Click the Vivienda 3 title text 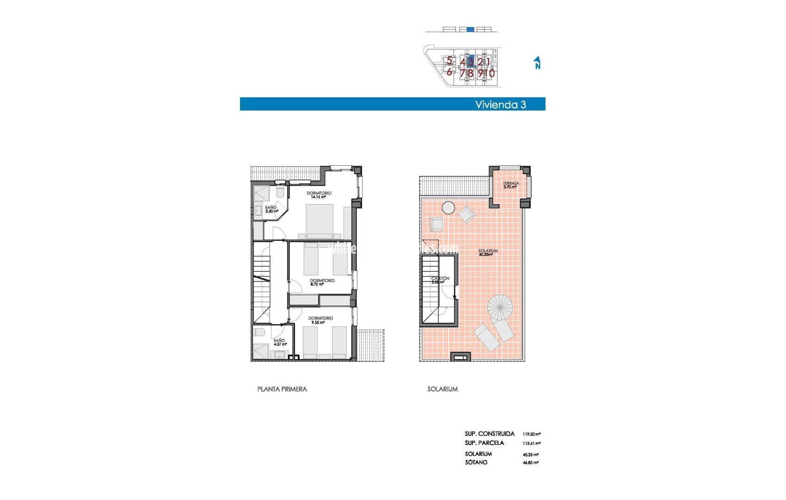(x=500, y=105)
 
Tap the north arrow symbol (x=537, y=63)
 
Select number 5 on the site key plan (x=449, y=61)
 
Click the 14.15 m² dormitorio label (x=319, y=195)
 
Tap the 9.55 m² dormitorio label (x=320, y=320)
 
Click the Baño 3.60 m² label (x=271, y=209)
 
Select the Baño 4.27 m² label (x=280, y=342)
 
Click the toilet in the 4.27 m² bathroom (x=260, y=332)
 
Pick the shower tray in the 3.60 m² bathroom (x=262, y=194)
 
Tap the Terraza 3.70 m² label (x=510, y=185)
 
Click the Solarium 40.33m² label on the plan (x=487, y=252)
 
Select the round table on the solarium (x=448, y=207)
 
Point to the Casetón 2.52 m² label (x=439, y=280)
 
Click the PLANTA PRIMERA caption (x=282, y=389)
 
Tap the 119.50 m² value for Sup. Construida (x=531, y=434)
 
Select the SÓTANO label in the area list (x=476, y=462)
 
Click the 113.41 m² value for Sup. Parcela (x=531, y=444)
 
